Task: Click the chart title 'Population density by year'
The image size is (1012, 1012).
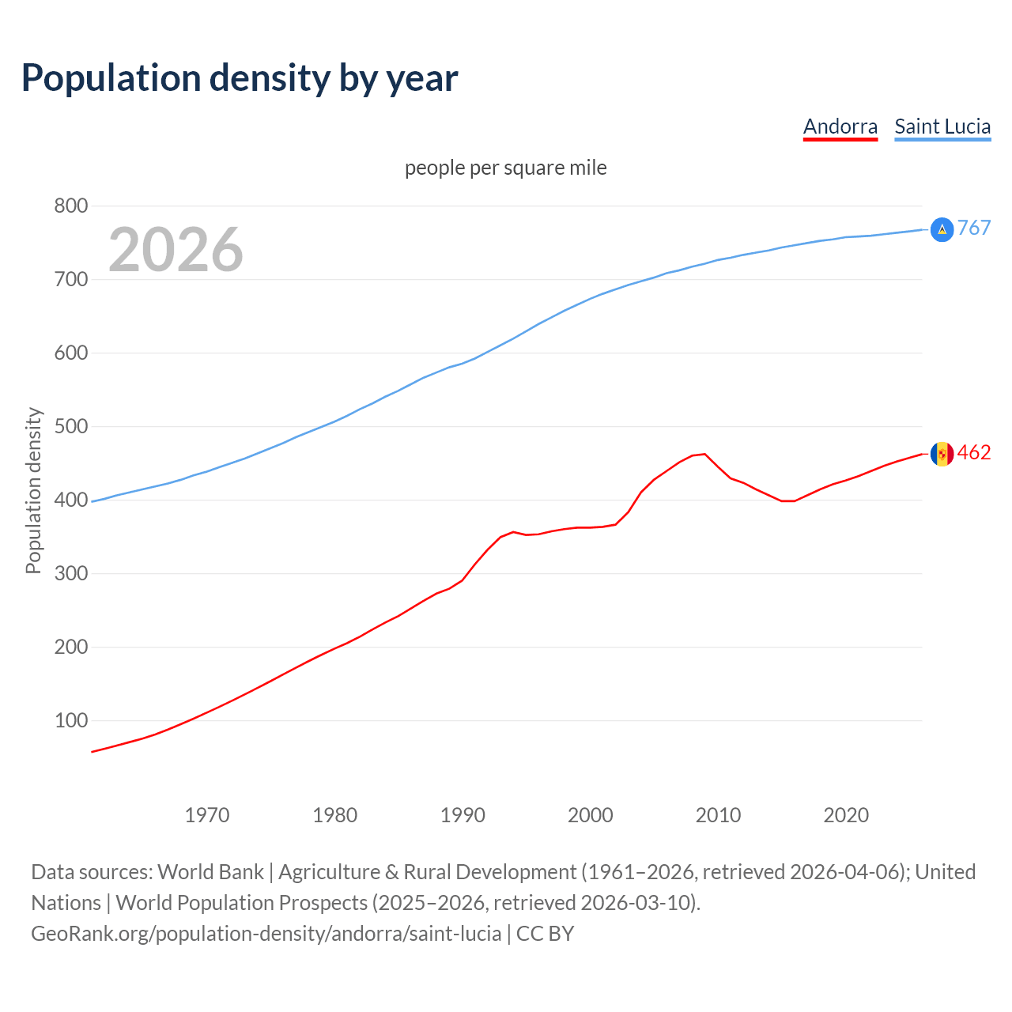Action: coord(240,78)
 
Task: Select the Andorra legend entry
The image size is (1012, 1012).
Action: coord(840,126)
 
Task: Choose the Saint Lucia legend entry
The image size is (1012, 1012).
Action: coord(942,126)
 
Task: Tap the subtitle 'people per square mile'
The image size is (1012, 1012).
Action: coord(506,168)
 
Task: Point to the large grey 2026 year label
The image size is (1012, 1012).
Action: coord(176,250)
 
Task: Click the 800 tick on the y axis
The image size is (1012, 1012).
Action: coord(70,206)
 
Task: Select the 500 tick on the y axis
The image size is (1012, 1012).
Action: coord(70,427)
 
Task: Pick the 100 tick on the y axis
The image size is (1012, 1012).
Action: coord(70,721)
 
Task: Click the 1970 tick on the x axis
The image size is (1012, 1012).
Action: coord(207,815)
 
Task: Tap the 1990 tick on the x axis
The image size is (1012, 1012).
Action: coord(463,815)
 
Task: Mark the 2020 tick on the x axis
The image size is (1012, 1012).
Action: coord(846,815)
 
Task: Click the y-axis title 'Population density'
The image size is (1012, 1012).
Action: coord(33,490)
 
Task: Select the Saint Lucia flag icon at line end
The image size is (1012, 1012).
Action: coord(942,229)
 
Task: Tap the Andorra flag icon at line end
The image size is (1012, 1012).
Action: coord(942,454)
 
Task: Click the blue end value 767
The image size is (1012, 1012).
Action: coord(974,228)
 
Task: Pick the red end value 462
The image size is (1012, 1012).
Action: coord(974,453)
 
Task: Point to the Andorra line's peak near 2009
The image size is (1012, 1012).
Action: coord(704,454)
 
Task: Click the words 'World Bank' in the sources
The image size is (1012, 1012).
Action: coord(210,872)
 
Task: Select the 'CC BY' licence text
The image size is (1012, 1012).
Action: coord(545,934)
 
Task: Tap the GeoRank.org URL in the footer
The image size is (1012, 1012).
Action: coord(266,934)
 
